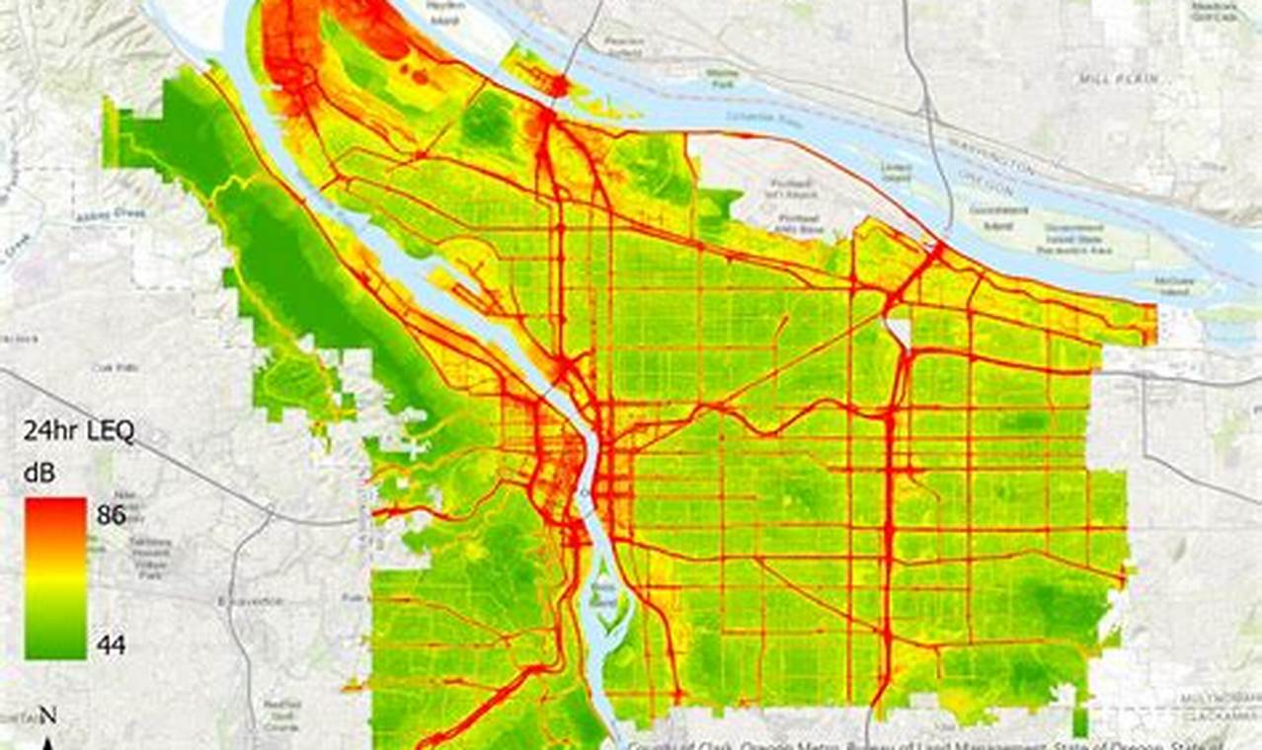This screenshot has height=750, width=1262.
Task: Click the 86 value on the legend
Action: point(111,514)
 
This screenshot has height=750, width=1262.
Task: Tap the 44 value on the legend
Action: point(111,646)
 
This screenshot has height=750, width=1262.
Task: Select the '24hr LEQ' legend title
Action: point(78,432)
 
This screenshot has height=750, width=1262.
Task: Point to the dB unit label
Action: point(40,475)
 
